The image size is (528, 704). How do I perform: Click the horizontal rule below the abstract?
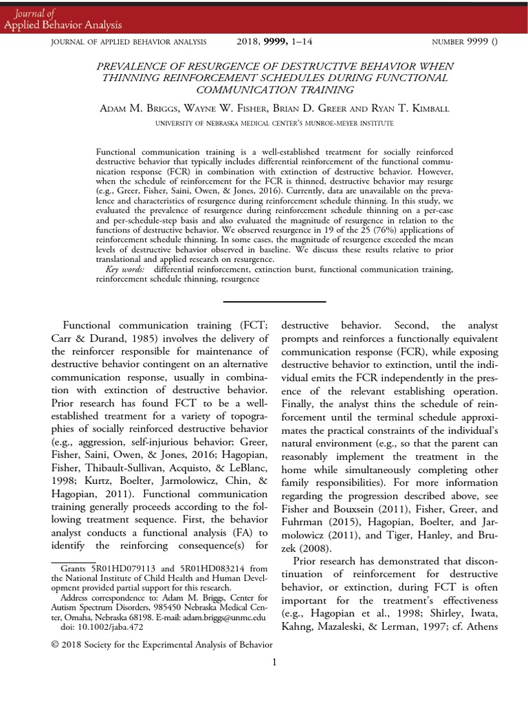pyautogui.click(x=274, y=301)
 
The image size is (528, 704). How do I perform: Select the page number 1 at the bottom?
pyautogui.click(x=274, y=662)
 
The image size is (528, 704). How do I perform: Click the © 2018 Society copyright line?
pyautogui.click(x=162, y=644)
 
